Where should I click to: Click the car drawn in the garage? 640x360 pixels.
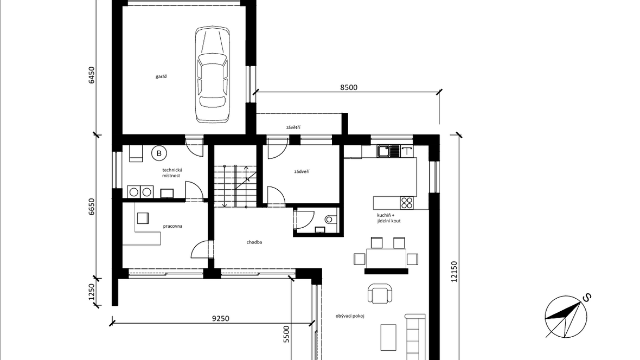tap(212, 75)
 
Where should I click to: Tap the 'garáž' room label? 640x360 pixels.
tap(161, 77)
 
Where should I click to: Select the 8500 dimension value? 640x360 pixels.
tap(349, 87)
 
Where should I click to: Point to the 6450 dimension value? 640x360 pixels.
tap(92, 75)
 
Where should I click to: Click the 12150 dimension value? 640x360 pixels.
tap(455, 272)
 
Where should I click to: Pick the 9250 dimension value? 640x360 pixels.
tap(220, 318)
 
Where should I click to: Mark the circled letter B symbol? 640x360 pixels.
tap(159, 153)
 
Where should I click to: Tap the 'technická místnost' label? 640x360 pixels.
tap(172, 173)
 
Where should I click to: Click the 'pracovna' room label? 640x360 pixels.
tap(172, 226)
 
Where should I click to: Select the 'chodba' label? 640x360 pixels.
tap(254, 242)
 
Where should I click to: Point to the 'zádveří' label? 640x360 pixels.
tap(302, 171)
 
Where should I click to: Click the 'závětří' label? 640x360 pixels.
tap(293, 127)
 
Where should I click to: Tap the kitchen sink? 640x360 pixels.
tap(388, 151)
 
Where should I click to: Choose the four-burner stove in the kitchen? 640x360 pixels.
tap(407, 203)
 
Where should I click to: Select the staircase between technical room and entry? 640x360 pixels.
tap(236, 186)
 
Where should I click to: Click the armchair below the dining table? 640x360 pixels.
tap(380, 294)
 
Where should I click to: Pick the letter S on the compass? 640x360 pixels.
tap(586, 298)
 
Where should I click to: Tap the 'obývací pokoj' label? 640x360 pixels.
tap(350, 316)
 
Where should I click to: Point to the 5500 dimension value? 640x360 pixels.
tap(286, 334)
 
